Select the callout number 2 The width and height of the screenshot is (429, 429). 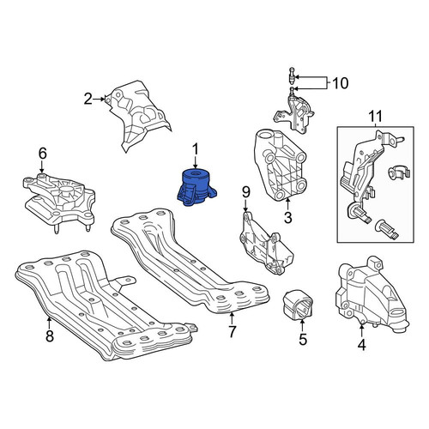click(88, 100)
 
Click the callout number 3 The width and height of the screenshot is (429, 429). click(288, 218)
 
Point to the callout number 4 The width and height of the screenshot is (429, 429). click(362, 346)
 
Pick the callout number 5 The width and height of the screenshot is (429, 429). click(303, 340)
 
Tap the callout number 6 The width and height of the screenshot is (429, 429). click(42, 154)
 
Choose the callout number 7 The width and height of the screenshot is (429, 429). click(232, 331)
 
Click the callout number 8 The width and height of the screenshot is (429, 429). click(50, 336)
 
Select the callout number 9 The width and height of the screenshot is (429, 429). click(246, 192)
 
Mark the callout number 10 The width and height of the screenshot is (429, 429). click(341, 83)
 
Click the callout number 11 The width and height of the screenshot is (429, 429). click(375, 117)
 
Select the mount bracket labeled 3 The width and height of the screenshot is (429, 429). click(281, 165)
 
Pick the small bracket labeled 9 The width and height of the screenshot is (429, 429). click(264, 245)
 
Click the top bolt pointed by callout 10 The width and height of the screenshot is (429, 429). click(292, 75)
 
